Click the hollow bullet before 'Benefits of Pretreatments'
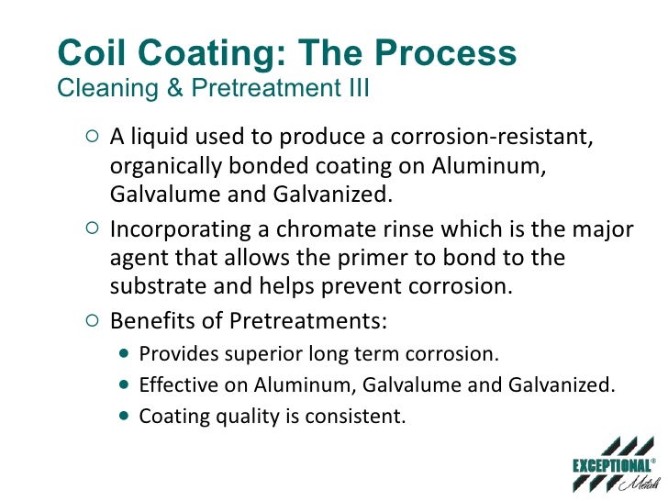pos(90,322)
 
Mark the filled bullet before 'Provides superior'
pos(126,355)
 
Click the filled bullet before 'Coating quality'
pos(126,416)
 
